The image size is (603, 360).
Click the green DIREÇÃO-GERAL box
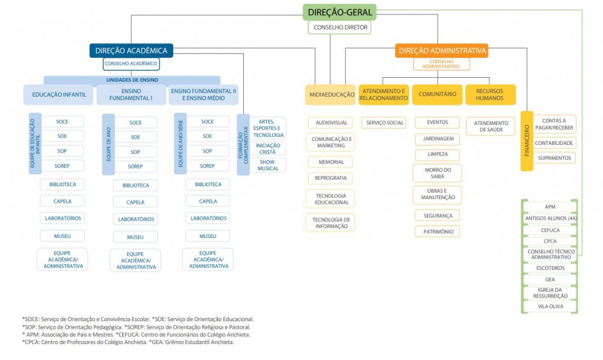tap(340, 12)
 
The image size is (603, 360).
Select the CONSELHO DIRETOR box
tap(340, 27)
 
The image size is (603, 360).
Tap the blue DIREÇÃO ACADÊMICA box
tap(131, 51)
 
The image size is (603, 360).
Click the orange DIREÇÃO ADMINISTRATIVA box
tap(442, 51)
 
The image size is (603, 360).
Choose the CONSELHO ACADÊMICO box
tap(131, 64)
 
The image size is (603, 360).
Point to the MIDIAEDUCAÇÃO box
tap(331, 95)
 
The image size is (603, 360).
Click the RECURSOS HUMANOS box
tap(490, 95)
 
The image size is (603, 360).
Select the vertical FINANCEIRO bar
tap(527, 141)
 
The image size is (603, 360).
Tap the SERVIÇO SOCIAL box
tap(384, 123)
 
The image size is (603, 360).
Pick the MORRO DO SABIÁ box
tap(438, 173)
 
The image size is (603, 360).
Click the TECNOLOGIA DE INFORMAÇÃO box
tap(331, 223)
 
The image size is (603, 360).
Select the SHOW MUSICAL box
tap(268, 166)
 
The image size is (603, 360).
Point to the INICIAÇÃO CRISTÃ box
tap(268, 149)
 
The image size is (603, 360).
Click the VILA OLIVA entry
tap(551, 306)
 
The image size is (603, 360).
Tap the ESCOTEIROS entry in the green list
tap(551, 268)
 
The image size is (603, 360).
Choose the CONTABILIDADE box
tap(554, 143)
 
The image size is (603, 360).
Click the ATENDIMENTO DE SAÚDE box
tap(491, 126)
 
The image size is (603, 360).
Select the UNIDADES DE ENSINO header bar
tap(132, 80)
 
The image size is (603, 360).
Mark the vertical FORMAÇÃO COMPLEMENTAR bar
tap(243, 144)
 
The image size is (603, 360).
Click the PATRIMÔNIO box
tap(438, 232)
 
